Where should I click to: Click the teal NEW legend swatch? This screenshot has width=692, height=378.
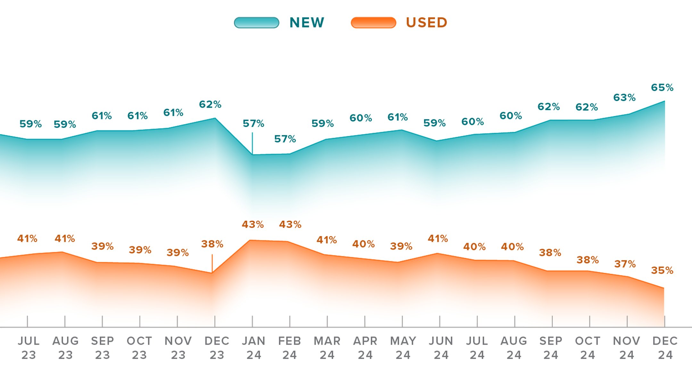pyautogui.click(x=256, y=23)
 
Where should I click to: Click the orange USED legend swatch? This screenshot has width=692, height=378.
pyautogui.click(x=373, y=23)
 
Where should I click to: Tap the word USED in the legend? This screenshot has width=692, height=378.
pyautogui.click(x=426, y=23)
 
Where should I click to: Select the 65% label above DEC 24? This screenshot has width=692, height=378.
pyautogui.click(x=662, y=88)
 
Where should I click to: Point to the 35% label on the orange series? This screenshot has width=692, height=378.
pyautogui.click(x=662, y=270)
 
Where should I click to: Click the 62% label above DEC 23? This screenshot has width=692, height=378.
pyautogui.click(x=210, y=105)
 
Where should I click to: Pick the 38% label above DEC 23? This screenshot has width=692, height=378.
pyautogui.click(x=212, y=244)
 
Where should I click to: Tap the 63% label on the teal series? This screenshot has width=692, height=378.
pyautogui.click(x=624, y=97)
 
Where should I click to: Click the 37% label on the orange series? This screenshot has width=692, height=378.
pyautogui.click(x=625, y=264)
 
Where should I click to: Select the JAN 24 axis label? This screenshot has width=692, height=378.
pyautogui.click(x=253, y=348)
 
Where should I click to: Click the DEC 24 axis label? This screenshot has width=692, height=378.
pyautogui.click(x=665, y=348)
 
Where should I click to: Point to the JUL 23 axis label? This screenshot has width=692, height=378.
pyautogui.click(x=29, y=348)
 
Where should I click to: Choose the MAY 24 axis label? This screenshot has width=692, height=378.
pyautogui.click(x=403, y=348)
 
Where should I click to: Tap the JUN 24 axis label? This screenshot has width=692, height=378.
pyautogui.click(x=441, y=348)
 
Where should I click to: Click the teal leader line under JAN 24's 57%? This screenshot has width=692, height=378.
pyautogui.click(x=252, y=143)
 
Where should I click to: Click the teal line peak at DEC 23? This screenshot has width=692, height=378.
pyautogui.click(x=215, y=118)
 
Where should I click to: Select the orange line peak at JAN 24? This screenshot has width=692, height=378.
pyautogui.click(x=250, y=240)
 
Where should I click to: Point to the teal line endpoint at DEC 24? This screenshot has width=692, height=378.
pyautogui.click(x=664, y=101)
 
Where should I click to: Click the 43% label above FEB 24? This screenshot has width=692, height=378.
pyautogui.click(x=290, y=224)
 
